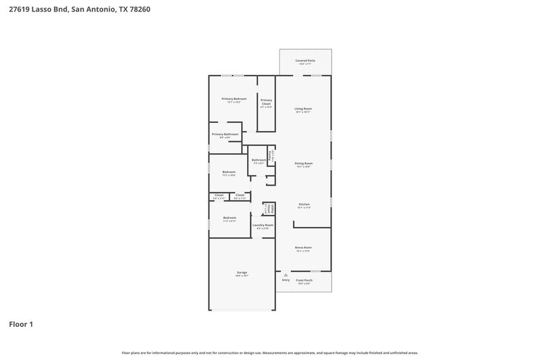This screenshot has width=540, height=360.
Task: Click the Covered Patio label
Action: click(x=305, y=61)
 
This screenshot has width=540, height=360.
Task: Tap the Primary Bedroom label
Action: click(x=234, y=99)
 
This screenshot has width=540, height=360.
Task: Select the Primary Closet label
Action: click(x=267, y=102)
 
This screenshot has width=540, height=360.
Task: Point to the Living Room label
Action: click(x=303, y=108)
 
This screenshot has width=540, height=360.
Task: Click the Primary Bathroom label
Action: click(x=225, y=134)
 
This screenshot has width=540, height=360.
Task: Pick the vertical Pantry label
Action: click(x=271, y=155)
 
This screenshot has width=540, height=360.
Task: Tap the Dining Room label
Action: click(x=303, y=163)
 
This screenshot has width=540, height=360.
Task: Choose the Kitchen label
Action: click(x=304, y=204)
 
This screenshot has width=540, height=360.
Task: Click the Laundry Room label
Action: click(x=263, y=225)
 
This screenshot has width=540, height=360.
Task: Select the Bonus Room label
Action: click(x=303, y=247)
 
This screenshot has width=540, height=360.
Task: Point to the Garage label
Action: click(x=241, y=272)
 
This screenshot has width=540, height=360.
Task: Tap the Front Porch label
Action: click(x=304, y=280)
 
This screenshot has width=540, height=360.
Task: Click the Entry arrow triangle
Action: click(x=286, y=275)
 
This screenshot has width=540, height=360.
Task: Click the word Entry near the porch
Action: click(x=286, y=280)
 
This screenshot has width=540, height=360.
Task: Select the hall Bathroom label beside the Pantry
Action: click(x=259, y=160)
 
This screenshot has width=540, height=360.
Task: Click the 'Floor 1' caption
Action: click(x=20, y=324)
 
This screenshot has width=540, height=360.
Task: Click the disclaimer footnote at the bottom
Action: click(x=269, y=353)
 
